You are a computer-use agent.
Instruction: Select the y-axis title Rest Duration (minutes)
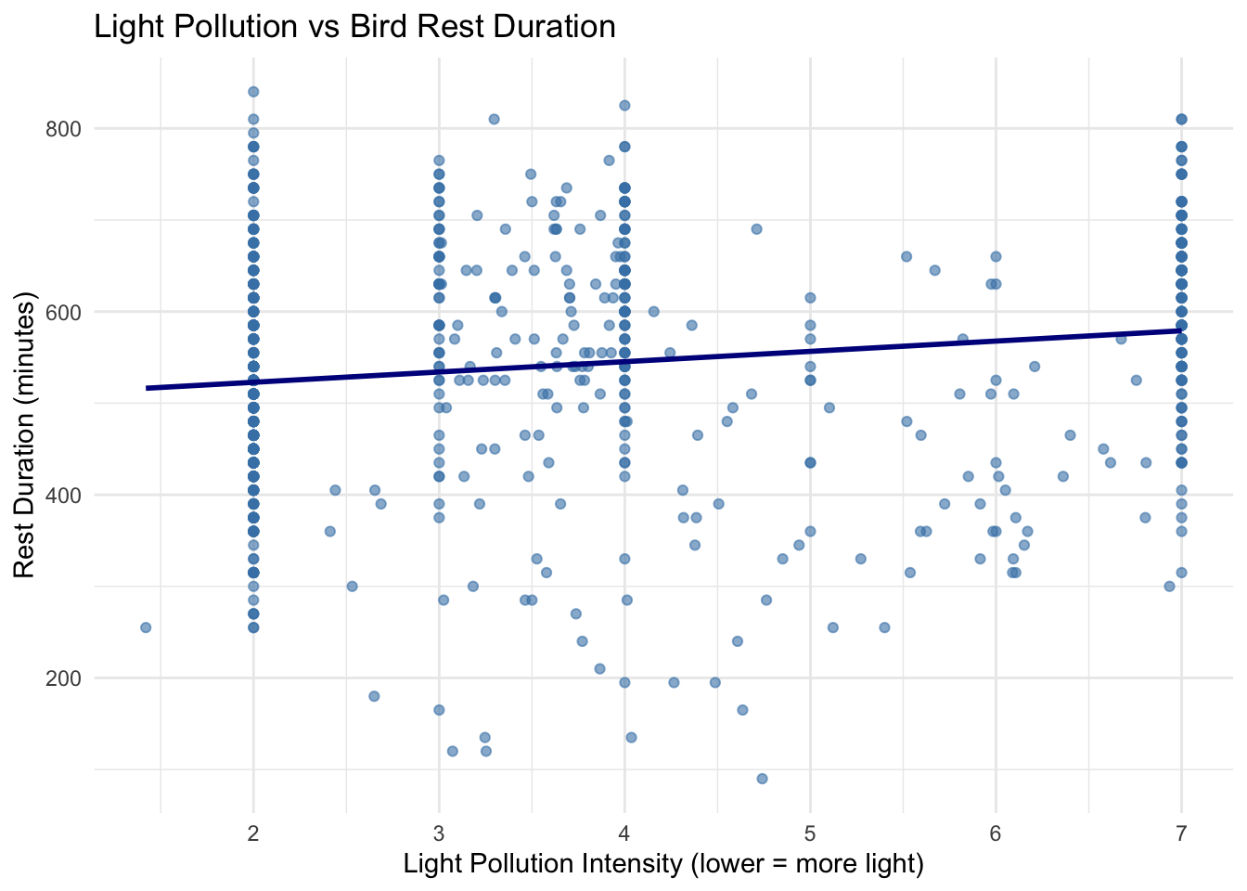pyautogui.click(x=25, y=435)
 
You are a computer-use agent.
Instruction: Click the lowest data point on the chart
pyautogui.click(x=762, y=779)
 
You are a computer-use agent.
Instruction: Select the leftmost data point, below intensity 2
pyautogui.click(x=146, y=627)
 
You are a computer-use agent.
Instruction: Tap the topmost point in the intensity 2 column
pyautogui.click(x=253, y=92)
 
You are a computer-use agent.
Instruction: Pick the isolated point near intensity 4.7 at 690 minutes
pyautogui.click(x=756, y=229)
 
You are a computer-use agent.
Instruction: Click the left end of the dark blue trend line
pyautogui.click(x=148, y=387)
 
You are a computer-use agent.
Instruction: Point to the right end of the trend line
pyautogui.click(x=1180, y=329)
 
